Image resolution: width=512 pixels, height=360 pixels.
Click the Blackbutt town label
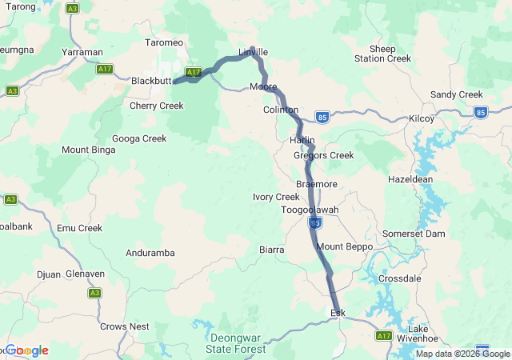151,81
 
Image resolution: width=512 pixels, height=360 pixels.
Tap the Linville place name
253,52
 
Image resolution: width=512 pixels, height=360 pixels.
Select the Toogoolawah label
310,210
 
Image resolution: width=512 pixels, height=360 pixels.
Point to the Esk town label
338,312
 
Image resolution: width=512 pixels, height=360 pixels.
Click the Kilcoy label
421,118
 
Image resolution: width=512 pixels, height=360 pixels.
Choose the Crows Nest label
124,326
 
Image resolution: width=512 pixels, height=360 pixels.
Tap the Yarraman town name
82,51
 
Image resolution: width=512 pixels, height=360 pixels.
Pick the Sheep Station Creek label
382,54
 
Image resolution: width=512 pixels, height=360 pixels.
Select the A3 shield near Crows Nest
94,293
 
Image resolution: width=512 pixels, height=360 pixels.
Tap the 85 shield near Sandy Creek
480,113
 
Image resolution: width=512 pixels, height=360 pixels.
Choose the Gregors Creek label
323,155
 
